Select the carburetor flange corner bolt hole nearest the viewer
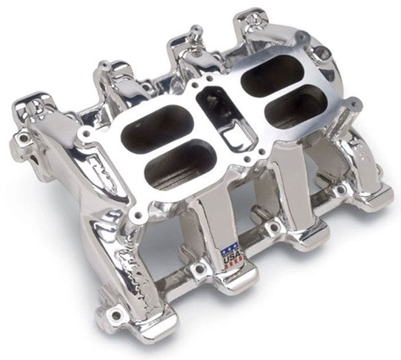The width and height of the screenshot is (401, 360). click(x=136, y=216)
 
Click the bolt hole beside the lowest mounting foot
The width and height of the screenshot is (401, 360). click(x=116, y=314)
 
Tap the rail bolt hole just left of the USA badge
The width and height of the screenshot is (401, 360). click(x=200, y=267)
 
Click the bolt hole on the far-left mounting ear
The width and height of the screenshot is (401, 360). click(x=23, y=138)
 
